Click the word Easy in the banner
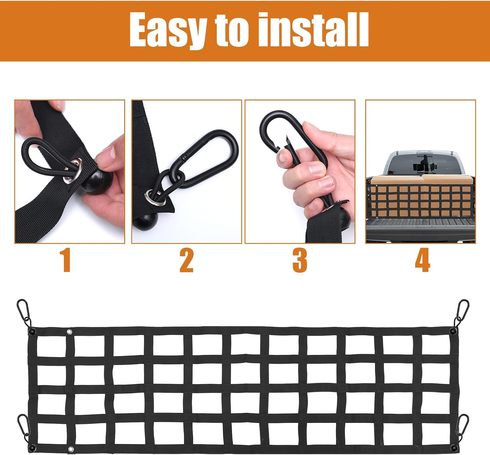click(168, 30)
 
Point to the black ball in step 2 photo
click(145, 221)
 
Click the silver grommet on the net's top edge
click(70, 332)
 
